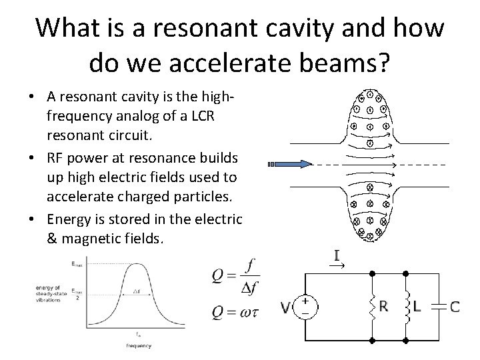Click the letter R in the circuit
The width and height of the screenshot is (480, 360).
384,307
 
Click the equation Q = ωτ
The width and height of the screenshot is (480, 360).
235,311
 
